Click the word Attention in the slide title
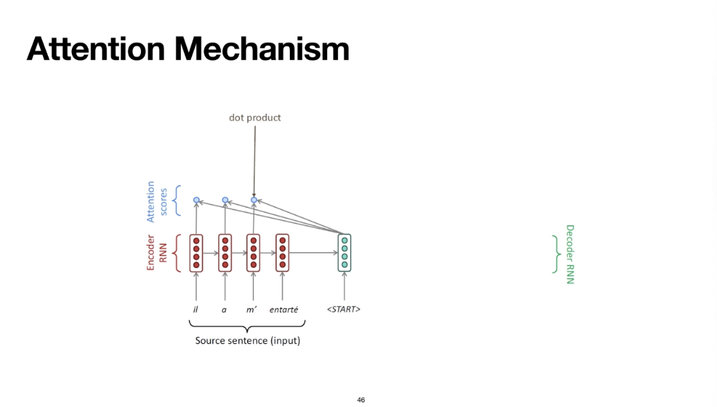coord(95,49)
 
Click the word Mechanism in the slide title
coord(261,49)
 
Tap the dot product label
coord(255,118)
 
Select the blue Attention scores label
coord(156,201)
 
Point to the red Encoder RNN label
coord(156,253)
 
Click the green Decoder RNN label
coord(570,254)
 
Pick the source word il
coord(196,310)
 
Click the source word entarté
coord(283,310)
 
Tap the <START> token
coord(344,310)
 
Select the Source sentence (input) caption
coord(247,340)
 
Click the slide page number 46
coord(361,400)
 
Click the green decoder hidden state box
coord(345,253)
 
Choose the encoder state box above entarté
coord(283,253)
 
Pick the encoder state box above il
coord(196,253)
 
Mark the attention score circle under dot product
coord(253,200)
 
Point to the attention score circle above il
coord(196,200)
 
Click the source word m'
coord(251,310)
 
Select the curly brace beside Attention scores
coord(176,201)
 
